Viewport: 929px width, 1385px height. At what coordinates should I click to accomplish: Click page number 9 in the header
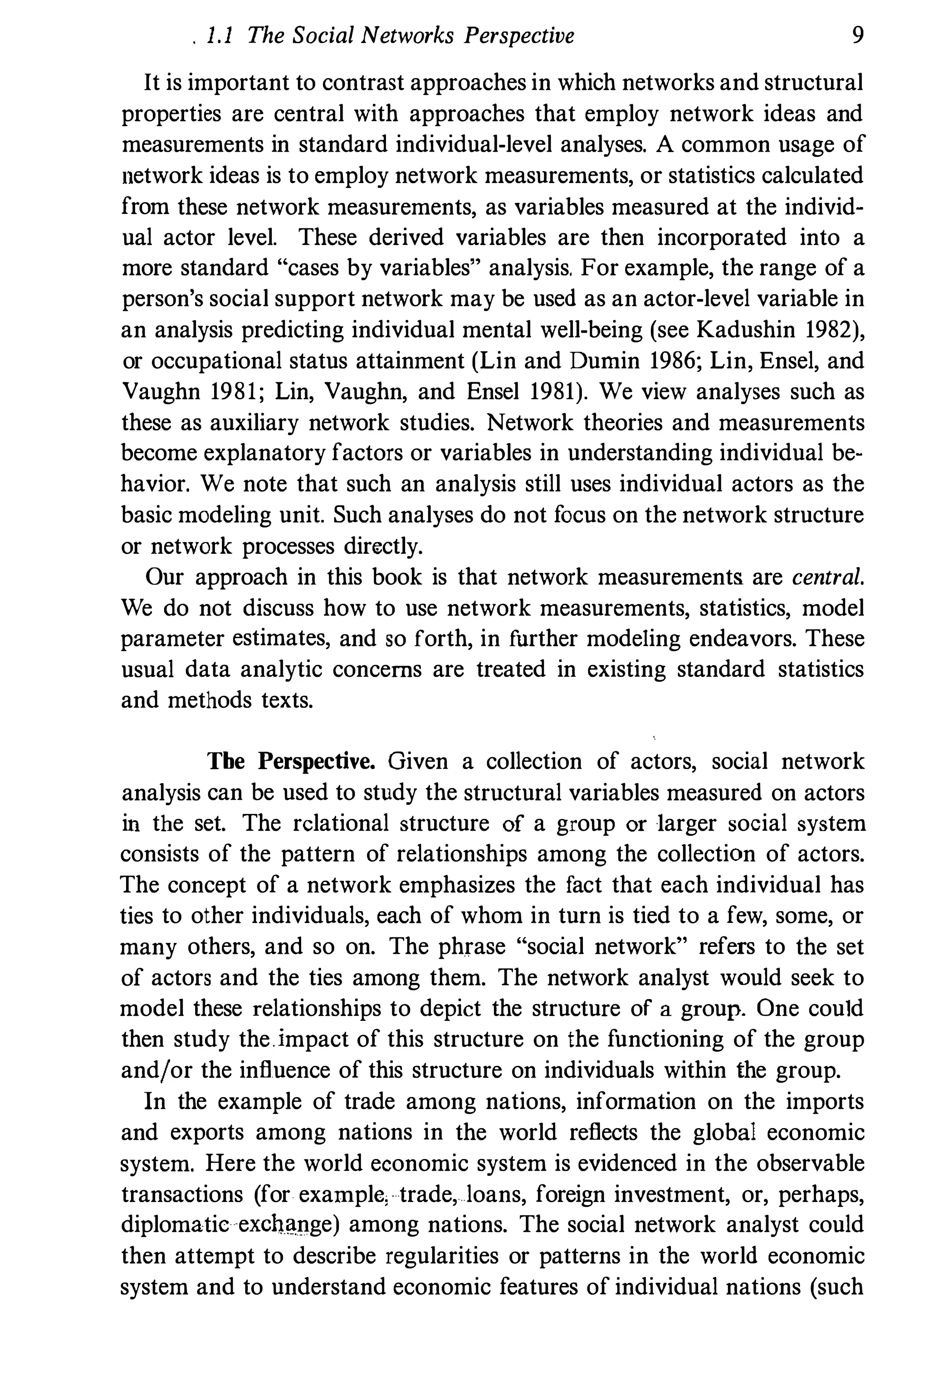click(857, 36)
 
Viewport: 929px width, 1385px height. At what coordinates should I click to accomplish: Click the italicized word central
click(827, 577)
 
